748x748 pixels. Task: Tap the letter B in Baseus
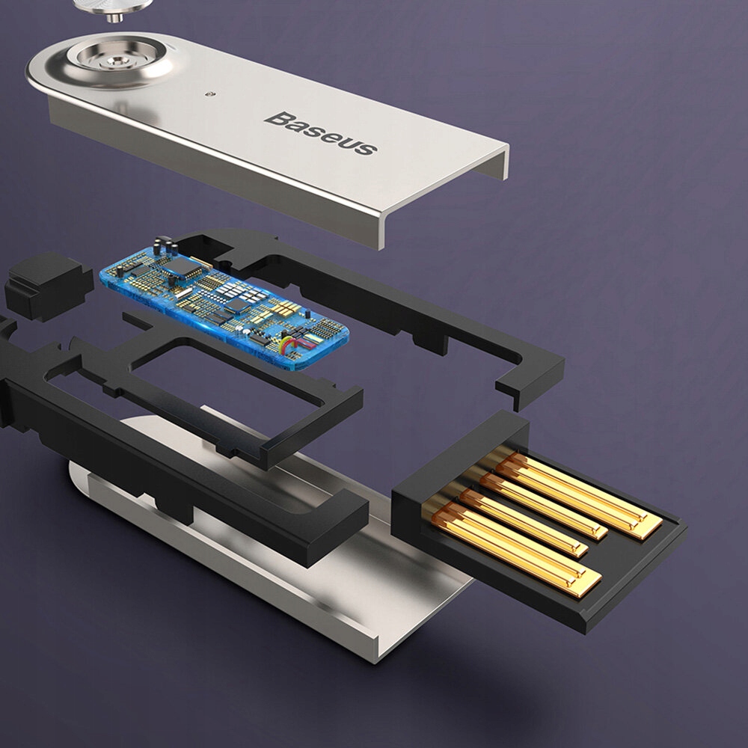pos(279,117)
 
